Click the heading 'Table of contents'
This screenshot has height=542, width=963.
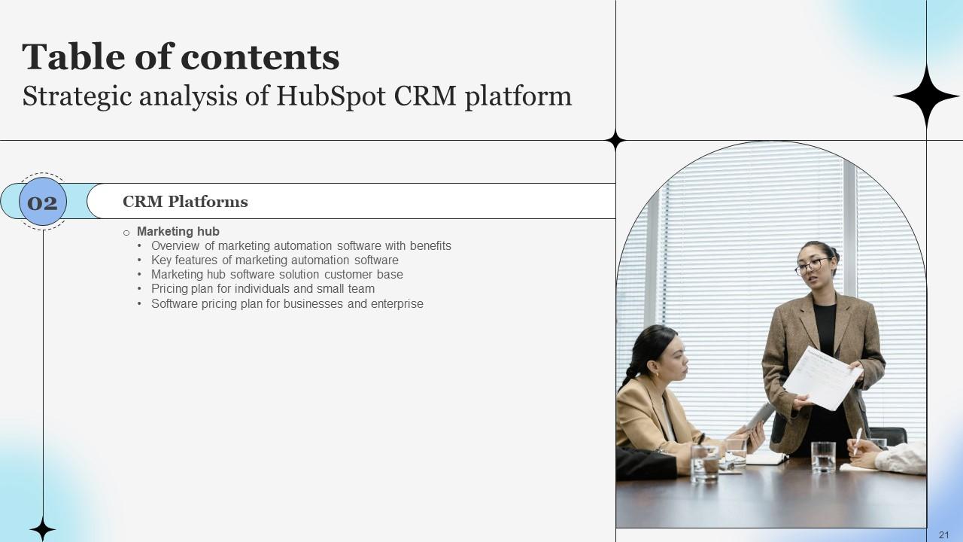[x=181, y=57]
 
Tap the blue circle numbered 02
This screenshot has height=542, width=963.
[x=43, y=202]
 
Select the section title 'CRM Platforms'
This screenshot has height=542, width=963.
[x=185, y=202]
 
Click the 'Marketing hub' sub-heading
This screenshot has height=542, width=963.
[x=178, y=232]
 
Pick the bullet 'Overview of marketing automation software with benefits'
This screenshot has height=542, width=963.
[x=301, y=246]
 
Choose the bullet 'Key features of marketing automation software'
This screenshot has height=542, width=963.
[x=275, y=260]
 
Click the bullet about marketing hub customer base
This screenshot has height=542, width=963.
[x=277, y=275]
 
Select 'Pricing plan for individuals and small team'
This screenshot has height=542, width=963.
[x=263, y=289]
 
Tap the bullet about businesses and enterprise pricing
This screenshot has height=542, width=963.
[x=287, y=304]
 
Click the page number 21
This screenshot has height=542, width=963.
[x=944, y=534]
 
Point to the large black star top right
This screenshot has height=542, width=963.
[x=926, y=96]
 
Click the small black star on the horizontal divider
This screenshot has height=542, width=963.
[x=615, y=141]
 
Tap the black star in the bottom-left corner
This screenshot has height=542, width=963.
[x=42, y=529]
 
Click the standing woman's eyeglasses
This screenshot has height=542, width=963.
[x=813, y=266]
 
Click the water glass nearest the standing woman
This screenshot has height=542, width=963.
[x=823, y=456]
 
